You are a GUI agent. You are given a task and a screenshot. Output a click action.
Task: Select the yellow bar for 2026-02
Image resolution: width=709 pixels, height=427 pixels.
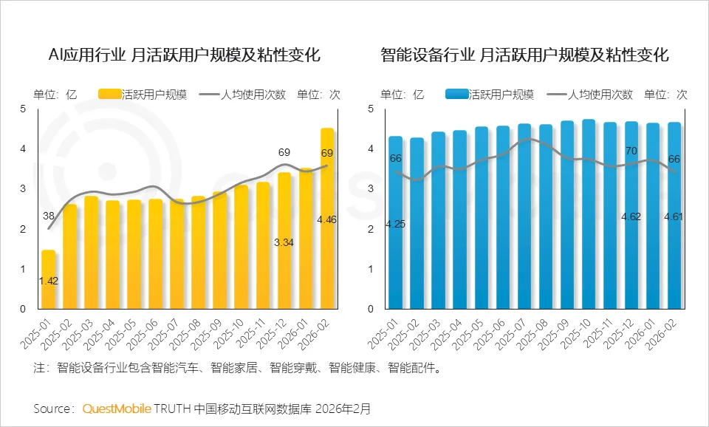(327, 219)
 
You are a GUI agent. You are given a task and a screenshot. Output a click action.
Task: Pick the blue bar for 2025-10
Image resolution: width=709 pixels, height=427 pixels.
(588, 214)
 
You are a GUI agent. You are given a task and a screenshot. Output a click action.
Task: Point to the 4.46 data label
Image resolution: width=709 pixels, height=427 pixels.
(327, 219)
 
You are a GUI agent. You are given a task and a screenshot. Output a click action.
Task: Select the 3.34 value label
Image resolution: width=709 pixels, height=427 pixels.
(284, 242)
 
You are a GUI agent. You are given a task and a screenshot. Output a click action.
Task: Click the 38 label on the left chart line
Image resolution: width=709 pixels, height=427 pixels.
(48, 216)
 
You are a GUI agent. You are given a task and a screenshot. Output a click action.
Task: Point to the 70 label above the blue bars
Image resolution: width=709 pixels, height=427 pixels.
(631, 151)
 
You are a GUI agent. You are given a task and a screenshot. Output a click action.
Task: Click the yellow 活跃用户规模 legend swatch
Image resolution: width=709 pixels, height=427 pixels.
(109, 94)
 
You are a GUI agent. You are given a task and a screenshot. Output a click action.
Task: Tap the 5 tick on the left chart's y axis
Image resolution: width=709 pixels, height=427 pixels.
(23, 109)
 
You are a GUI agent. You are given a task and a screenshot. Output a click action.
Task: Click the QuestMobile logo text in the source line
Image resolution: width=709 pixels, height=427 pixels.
(117, 409)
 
